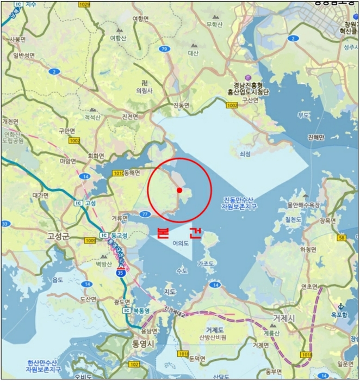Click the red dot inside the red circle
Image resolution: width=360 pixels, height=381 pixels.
179,190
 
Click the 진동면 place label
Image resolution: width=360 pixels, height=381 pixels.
181,105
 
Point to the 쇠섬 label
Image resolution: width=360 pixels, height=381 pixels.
245,154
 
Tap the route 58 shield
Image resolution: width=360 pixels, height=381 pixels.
342,238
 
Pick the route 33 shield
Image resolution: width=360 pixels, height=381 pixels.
5,224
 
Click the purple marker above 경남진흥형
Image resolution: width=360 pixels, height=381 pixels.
249,78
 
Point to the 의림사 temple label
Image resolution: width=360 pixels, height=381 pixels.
144,90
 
